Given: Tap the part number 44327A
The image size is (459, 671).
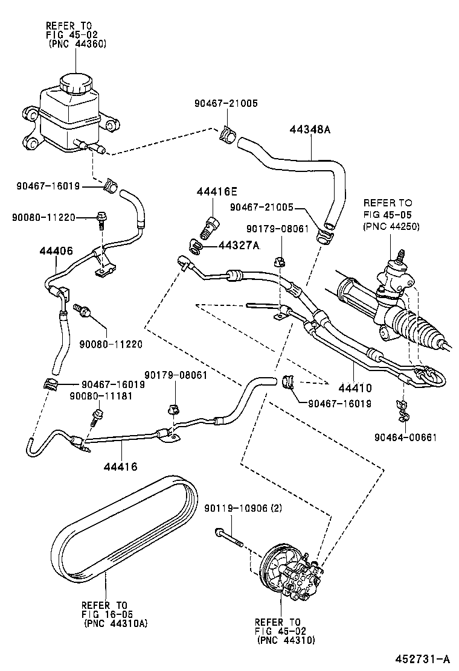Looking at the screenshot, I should click(x=239, y=245).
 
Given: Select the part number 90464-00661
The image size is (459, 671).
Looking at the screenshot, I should click(x=405, y=437).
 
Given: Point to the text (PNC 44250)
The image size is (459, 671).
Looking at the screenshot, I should click(x=391, y=226).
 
